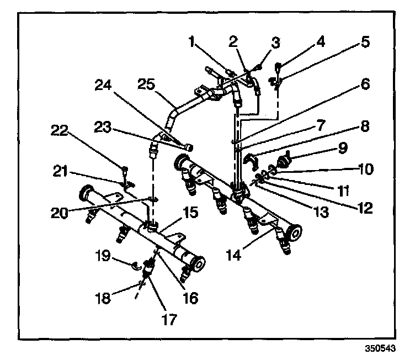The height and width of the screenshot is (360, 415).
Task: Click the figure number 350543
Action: coord(380,350)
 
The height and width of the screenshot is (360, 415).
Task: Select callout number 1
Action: coord(192,41)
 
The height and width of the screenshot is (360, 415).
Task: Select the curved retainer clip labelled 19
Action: coord(134,268)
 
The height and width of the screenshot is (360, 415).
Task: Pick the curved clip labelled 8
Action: coord(253,161)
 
